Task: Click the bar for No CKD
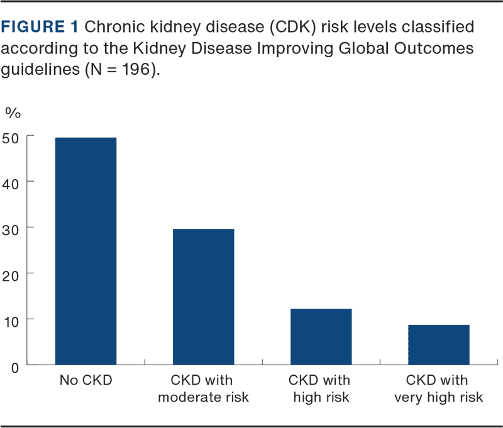click(x=86, y=251)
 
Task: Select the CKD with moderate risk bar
click(x=203, y=297)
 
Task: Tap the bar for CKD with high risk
click(x=321, y=337)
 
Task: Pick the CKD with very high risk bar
click(x=438, y=344)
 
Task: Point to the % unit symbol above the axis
click(x=13, y=113)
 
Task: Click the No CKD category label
click(x=86, y=381)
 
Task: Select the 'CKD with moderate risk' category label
click(x=202, y=389)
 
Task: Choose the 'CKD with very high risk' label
click(x=438, y=389)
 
